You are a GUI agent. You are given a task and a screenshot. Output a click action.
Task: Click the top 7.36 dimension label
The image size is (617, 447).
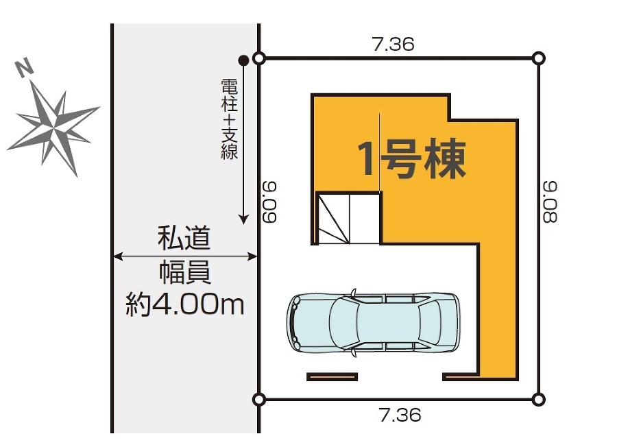tap(393, 44)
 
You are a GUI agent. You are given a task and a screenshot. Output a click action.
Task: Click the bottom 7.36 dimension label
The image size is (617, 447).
tap(400, 415)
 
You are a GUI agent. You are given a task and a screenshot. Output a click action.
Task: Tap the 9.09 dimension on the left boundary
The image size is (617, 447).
tap(270, 202)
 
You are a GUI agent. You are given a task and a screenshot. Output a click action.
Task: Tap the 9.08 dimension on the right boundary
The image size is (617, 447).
tap(550, 202)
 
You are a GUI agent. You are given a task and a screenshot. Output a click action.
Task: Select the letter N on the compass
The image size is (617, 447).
tap(25, 67)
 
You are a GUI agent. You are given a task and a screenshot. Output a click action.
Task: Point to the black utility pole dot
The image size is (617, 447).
tap(243, 60)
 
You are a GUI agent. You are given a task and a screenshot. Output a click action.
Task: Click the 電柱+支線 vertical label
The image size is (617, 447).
tap(229, 119)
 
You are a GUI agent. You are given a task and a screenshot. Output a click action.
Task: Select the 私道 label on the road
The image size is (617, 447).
tap(184, 238)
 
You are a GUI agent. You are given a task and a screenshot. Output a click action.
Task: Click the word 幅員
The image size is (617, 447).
tap(185, 272)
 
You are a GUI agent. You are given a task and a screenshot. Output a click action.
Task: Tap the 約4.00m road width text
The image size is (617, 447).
tap(185, 304)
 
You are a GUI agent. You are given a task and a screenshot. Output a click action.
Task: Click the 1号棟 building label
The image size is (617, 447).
tap(411, 158)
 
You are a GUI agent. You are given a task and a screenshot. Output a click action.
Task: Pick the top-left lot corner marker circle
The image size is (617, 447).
tap(258, 59)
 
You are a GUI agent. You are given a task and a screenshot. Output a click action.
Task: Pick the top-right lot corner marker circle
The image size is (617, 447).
tap(539, 59)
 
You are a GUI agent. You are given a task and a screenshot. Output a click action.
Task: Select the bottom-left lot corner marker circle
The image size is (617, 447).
tap(258, 400)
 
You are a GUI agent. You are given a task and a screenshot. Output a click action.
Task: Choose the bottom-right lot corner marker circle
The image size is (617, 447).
tap(539, 400)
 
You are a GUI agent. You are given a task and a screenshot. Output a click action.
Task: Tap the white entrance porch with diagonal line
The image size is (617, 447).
tap(349, 219)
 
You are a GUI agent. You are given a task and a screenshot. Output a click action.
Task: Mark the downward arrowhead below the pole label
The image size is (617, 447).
tap(244, 219)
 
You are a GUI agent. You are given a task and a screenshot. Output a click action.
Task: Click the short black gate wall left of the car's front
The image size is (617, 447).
tap(332, 377)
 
